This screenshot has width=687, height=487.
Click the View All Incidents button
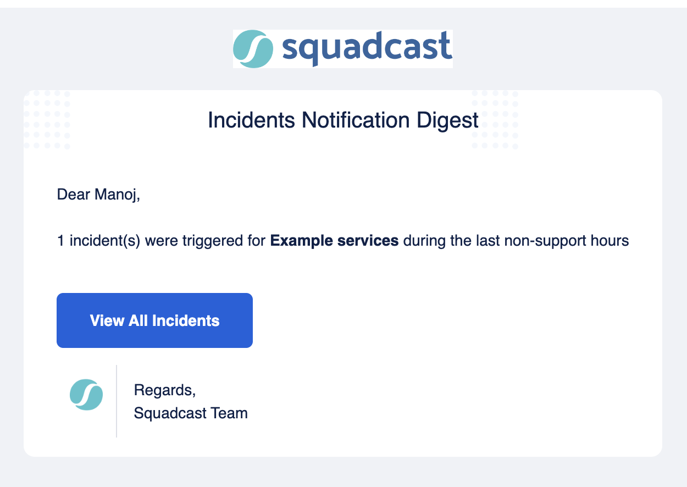(x=154, y=320)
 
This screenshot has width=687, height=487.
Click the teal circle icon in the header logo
(x=253, y=49)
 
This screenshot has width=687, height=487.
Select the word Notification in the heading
(x=356, y=120)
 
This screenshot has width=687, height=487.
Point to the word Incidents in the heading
(x=252, y=120)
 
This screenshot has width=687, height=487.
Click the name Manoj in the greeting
(x=117, y=195)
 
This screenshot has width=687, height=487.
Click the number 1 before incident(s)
(x=60, y=240)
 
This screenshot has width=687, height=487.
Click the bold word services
(x=368, y=241)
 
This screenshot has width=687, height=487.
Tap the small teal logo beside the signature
(x=86, y=395)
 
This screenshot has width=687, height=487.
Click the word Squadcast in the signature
(x=170, y=413)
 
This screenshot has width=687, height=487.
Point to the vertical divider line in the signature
(x=117, y=401)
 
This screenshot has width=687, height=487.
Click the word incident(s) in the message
(x=105, y=241)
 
